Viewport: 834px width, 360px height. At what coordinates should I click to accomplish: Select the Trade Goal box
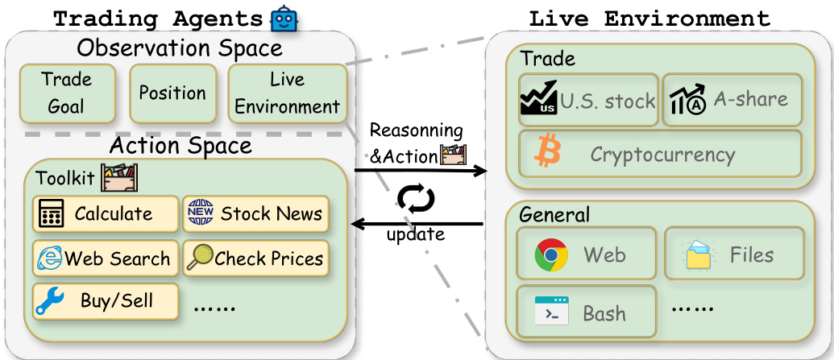[67, 93]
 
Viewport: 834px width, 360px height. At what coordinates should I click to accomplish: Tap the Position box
[172, 93]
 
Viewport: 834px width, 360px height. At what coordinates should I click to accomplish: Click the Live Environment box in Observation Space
[288, 93]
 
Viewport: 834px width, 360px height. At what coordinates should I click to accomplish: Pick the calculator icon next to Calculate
[52, 214]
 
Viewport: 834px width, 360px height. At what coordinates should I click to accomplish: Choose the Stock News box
[256, 213]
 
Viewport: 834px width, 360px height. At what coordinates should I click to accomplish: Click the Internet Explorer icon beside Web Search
[50, 259]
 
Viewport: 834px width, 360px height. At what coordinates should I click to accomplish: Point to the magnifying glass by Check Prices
[201, 258]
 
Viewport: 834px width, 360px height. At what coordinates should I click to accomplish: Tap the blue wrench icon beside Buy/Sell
[50, 302]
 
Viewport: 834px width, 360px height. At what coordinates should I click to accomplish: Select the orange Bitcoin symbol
[550, 153]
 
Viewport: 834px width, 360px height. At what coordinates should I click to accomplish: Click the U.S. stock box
[588, 101]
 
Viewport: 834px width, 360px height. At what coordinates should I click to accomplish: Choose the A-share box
[732, 101]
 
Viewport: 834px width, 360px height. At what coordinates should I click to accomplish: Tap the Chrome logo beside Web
[551, 255]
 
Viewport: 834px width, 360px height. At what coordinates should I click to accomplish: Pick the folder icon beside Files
[698, 256]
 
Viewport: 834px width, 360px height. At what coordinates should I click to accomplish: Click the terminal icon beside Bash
[551, 312]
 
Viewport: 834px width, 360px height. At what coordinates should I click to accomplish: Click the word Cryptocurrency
[662, 154]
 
